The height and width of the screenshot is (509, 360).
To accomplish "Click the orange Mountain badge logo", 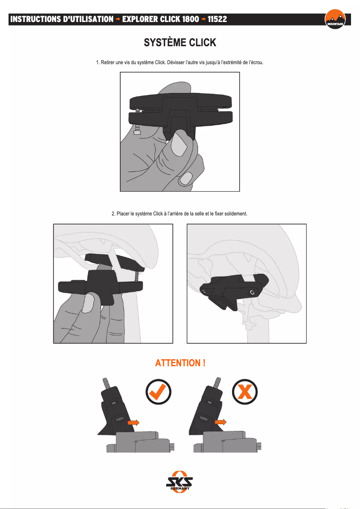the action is pyautogui.click(x=335, y=19).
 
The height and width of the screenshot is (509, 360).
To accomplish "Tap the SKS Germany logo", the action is pyautogui.click(x=180, y=482).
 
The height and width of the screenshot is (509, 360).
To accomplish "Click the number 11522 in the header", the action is pyautogui.click(x=217, y=19).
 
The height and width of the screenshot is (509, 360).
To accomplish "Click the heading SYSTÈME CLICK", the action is pyautogui.click(x=180, y=43).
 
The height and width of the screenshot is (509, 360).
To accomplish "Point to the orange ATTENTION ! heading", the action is pyautogui.click(x=180, y=363).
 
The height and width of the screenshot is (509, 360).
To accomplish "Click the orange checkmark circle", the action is pyautogui.click(x=158, y=391).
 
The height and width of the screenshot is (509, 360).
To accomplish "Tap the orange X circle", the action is pyautogui.click(x=245, y=391).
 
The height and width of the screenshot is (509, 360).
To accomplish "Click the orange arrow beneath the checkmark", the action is pyautogui.click(x=133, y=422).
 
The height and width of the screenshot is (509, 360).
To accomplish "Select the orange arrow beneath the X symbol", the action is pyautogui.click(x=221, y=422).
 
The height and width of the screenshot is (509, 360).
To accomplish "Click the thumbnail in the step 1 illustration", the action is pyautogui.click(x=178, y=144).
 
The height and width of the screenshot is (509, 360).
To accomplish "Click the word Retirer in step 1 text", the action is pyautogui.click(x=108, y=62).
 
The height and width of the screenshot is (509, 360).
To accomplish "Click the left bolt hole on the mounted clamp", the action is pyautogui.click(x=203, y=292).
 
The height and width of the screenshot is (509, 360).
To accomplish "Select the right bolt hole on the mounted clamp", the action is pyautogui.click(x=252, y=293).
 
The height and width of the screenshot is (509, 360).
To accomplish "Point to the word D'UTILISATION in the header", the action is pyautogui.click(x=88, y=19).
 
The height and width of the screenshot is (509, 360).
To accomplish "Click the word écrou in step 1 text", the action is pyautogui.click(x=256, y=62).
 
